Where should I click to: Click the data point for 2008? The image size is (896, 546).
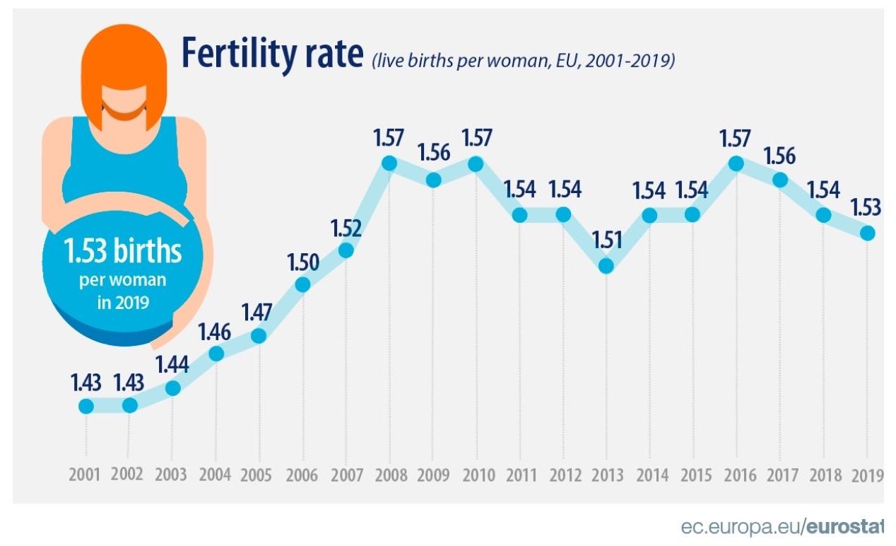pyautogui.click(x=389, y=163)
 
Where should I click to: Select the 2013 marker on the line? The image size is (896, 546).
pyautogui.click(x=606, y=266)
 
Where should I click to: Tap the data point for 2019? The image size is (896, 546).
pyautogui.click(x=868, y=233)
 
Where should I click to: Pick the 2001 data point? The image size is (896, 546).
pyautogui.click(x=86, y=405)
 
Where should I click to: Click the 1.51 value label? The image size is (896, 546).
pyautogui.click(x=606, y=240)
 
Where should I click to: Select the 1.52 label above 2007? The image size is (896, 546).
pyautogui.click(x=346, y=228)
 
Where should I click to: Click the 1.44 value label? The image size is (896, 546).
pyautogui.click(x=172, y=364)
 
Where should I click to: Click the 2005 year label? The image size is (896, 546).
pyautogui.click(x=259, y=474)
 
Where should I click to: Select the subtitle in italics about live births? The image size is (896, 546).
pyautogui.click(x=523, y=61)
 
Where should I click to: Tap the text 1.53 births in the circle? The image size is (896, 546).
pyautogui.click(x=123, y=251)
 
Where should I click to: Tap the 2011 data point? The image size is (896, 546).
pyautogui.click(x=519, y=215)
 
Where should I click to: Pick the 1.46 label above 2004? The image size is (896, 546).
pyautogui.click(x=216, y=329)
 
